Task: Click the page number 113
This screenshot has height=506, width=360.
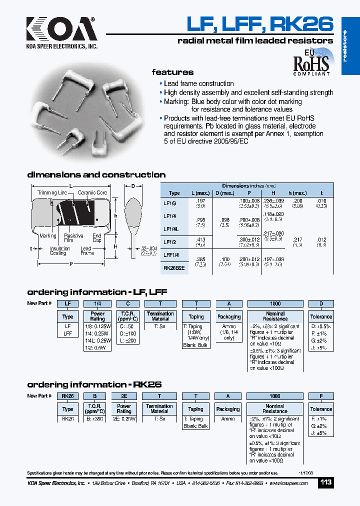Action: click(x=325, y=483)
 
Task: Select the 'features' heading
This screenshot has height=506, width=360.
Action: click(x=172, y=72)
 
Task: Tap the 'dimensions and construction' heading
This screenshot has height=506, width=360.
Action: click(x=96, y=175)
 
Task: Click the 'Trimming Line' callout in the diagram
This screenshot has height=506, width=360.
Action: click(x=52, y=192)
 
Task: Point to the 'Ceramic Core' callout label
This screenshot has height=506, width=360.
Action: click(x=92, y=192)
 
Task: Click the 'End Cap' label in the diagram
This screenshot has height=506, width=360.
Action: click(x=97, y=238)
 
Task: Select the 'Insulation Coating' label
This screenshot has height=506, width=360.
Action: click(x=59, y=251)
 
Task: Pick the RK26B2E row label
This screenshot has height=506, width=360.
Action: click(x=174, y=267)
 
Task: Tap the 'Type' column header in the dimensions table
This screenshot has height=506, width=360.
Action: click(x=174, y=193)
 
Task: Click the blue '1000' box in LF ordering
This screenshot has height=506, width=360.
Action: click(x=275, y=303)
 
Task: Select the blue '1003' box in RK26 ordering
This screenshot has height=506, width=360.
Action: click(x=274, y=396)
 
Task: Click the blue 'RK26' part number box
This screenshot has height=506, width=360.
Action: click(x=67, y=396)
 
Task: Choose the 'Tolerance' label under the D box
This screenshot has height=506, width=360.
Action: click(x=321, y=316)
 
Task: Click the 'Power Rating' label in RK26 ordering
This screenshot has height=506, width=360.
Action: click(x=124, y=409)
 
